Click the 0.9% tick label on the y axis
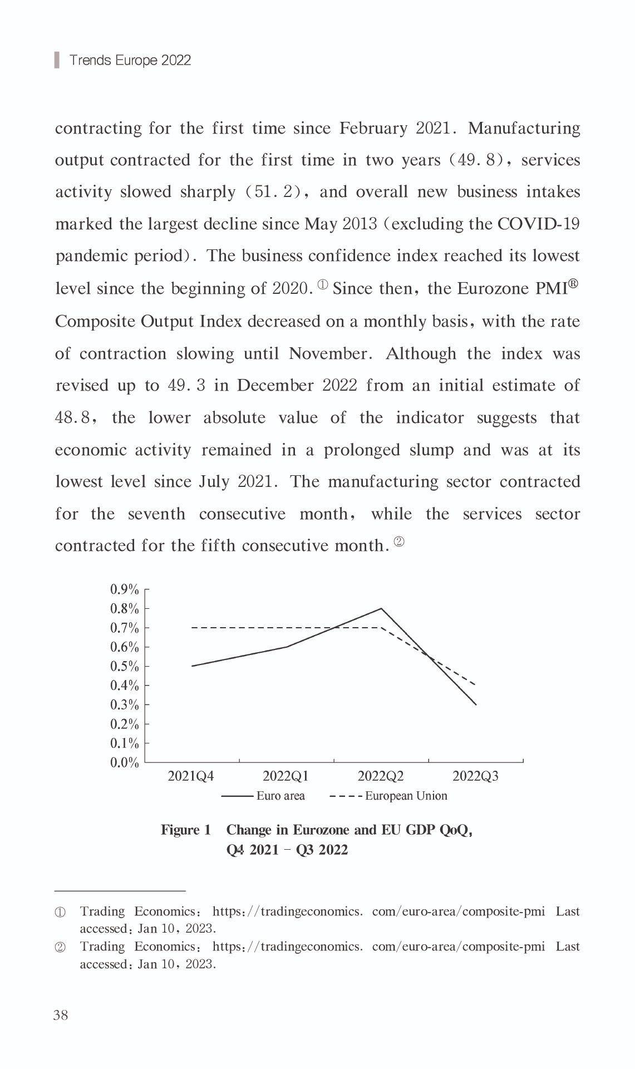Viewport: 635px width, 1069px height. point(124,589)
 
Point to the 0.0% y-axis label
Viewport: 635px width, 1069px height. point(124,762)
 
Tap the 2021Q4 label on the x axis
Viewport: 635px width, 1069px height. point(191,776)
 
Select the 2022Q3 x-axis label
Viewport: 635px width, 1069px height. point(475,776)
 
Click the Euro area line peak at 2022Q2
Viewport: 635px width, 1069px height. point(381,608)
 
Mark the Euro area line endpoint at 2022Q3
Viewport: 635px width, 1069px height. point(476,705)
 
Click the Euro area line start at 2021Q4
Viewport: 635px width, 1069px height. point(192,666)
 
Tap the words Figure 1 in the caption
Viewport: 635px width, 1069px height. point(186,830)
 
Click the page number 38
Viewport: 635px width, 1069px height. point(61,1016)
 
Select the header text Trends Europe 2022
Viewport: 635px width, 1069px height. point(130,60)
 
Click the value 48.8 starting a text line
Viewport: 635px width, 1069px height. point(72,418)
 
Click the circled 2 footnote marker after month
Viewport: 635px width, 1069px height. point(399,541)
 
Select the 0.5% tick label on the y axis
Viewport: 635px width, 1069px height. point(124,666)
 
